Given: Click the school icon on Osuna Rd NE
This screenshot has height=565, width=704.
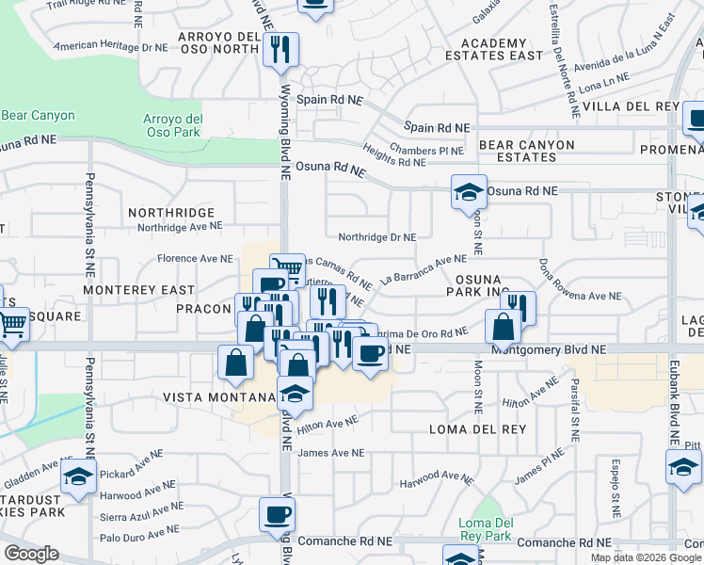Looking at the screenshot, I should coord(469,192).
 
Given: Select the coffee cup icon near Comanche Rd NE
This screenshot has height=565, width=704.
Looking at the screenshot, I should coord(278,514).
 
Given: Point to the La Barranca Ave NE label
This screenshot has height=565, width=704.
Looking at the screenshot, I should coord(424,269).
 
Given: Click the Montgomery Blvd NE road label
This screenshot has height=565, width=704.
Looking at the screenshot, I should coord(557,348).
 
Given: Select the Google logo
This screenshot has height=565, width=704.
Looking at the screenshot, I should coord(31,554).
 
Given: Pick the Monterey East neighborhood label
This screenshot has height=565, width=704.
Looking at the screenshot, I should coord(138,290).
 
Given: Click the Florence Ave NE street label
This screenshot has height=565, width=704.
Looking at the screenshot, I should coord(195,258).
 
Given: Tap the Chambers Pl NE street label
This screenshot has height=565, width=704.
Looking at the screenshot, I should coord(426,151).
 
